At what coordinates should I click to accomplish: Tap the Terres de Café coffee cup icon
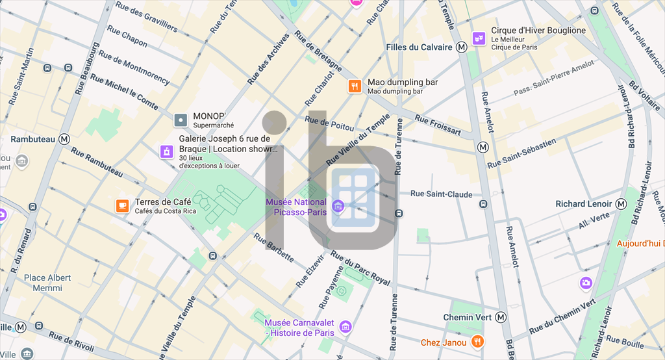point(122,206)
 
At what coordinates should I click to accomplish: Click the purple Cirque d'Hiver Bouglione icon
point(479,38)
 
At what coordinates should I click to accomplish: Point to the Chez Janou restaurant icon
point(477,342)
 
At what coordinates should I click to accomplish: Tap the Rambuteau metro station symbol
point(64,139)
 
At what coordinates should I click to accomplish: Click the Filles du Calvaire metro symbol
point(462,47)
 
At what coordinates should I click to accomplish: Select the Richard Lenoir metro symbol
point(621,204)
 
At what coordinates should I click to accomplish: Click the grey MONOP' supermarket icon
point(181,120)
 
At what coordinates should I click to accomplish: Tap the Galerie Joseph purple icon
point(167,152)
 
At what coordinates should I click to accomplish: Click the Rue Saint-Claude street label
point(442,194)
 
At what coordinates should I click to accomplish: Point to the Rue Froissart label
point(438,127)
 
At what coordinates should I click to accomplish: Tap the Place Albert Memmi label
point(47,283)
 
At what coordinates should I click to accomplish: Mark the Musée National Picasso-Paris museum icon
point(337,207)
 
